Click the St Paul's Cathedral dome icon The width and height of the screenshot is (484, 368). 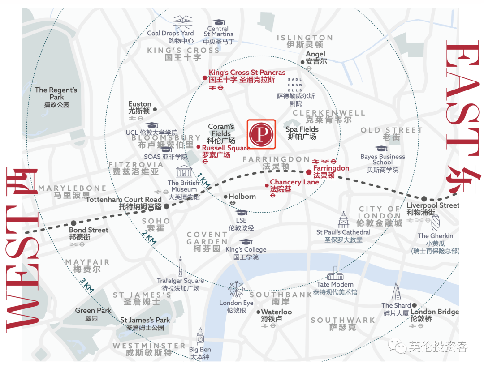[x=343, y=220]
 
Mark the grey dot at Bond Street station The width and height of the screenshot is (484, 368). [x=73, y=223]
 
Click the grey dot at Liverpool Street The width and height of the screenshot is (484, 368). [x=423, y=199]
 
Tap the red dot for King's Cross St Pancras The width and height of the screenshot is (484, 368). [x=205, y=78]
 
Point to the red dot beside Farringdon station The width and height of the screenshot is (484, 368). [x=309, y=172]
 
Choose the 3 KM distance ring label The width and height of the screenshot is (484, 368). [x=87, y=285]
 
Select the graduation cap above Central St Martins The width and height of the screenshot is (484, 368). [x=219, y=22]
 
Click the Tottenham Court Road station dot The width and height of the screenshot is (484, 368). [x=166, y=206]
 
